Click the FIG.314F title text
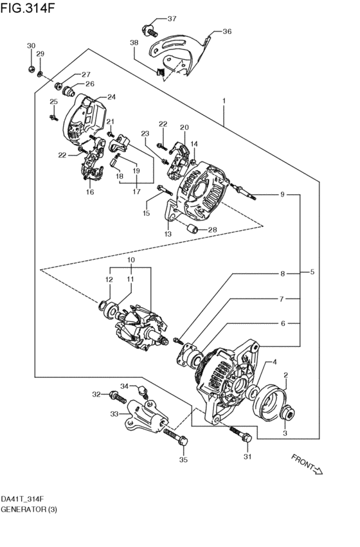tap(28, 8)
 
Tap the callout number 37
tap(172, 19)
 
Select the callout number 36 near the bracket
tap(227, 31)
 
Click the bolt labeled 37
tap(150, 31)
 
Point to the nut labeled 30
tap(31, 69)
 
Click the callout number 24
tap(111, 97)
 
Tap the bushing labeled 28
tap(192, 229)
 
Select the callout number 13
tap(168, 234)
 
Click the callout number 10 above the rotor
tap(131, 260)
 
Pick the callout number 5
tap(312, 272)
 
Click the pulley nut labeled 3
tap(288, 413)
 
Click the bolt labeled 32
tap(118, 397)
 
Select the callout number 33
tap(114, 414)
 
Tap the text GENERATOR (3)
tap(29, 509)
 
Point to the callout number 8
tap(282, 274)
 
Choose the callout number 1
tap(224, 101)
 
